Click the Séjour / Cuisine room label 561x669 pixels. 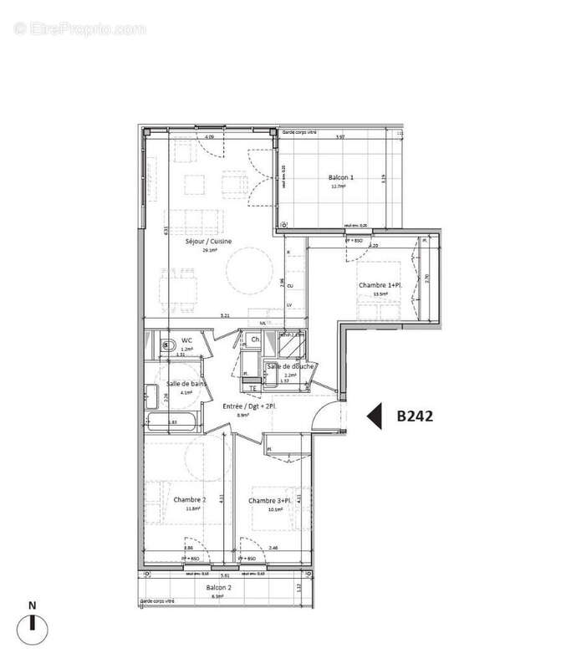click(x=208, y=242)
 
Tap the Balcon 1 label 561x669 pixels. click(x=340, y=177)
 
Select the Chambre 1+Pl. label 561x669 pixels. click(x=381, y=285)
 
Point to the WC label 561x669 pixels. click(x=187, y=341)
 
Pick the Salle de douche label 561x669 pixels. click(x=290, y=366)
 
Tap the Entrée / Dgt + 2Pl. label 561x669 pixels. click(x=249, y=406)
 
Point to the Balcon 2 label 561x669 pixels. click(x=220, y=588)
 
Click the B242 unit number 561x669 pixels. click(x=414, y=416)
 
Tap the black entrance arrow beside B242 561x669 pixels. click(x=375, y=416)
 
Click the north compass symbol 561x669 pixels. click(x=32, y=622)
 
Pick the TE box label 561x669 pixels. click(x=252, y=386)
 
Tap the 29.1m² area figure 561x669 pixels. click(x=208, y=250)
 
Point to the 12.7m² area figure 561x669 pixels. click(x=338, y=186)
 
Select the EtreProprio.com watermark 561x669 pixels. click(x=80, y=28)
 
